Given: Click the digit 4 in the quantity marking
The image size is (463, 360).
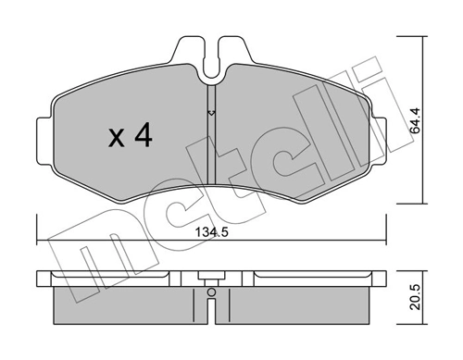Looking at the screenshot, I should (142, 138).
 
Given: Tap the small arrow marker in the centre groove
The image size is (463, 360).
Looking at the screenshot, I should (211, 114).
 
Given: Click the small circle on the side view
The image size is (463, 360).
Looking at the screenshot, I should (211, 295).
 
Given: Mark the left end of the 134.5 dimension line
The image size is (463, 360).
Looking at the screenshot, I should (38, 243).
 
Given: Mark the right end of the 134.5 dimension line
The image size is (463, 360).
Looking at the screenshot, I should (385, 243).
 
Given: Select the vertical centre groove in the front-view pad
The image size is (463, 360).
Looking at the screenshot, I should (211, 148).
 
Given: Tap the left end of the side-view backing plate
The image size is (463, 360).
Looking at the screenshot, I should (41, 276).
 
